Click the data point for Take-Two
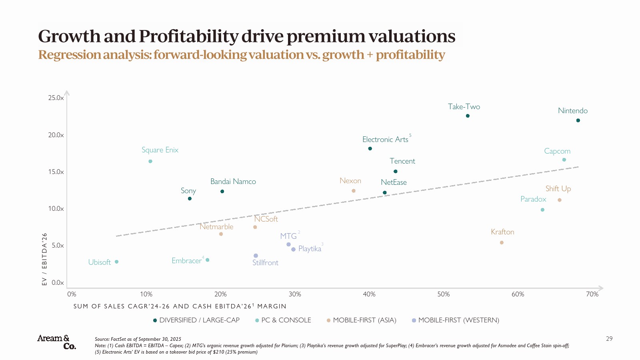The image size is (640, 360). [x=468, y=116]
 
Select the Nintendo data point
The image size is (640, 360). [x=578, y=120]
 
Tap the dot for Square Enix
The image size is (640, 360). [x=150, y=161]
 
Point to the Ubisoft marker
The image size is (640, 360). [x=116, y=262]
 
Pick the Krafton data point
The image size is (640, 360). [x=502, y=242]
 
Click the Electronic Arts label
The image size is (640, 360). [x=385, y=140]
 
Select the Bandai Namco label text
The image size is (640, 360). [x=233, y=182]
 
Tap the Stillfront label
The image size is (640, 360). [x=265, y=263]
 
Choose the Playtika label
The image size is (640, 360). [x=310, y=249]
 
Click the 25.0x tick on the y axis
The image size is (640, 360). [x=56, y=98]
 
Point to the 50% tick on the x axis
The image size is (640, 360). [x=443, y=294]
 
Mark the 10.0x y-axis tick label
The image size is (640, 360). [x=56, y=209]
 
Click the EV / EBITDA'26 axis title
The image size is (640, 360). [x=44, y=259]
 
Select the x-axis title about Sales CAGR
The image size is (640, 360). [x=180, y=306]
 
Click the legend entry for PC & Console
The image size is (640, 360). [x=286, y=320]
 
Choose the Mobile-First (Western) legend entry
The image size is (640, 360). [x=458, y=320]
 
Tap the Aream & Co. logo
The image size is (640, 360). [x=56, y=342]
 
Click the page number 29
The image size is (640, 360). [x=609, y=339]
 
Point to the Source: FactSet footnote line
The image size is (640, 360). [x=138, y=339]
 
